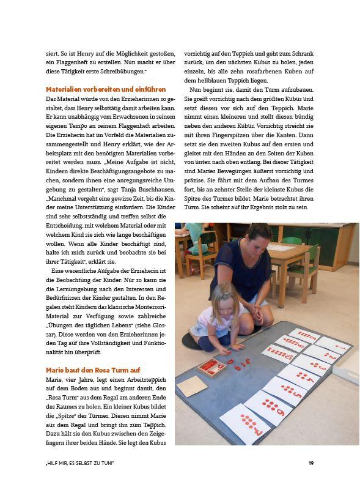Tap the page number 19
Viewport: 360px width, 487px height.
[x=311, y=463]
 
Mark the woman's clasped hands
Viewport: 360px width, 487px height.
[x=259, y=318]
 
